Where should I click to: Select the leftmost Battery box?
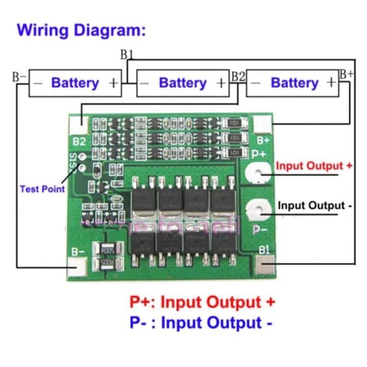point(75,83)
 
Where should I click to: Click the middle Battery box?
point(182,83)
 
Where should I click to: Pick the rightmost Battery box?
point(293,83)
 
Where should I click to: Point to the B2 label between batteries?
point(238,76)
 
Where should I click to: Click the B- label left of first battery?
point(19,77)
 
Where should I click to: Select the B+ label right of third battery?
point(347,74)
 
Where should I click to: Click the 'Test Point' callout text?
point(42,189)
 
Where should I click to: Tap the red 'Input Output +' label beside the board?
point(313,166)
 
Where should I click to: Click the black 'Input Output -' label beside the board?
point(314,205)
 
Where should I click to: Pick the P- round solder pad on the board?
point(258,210)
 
